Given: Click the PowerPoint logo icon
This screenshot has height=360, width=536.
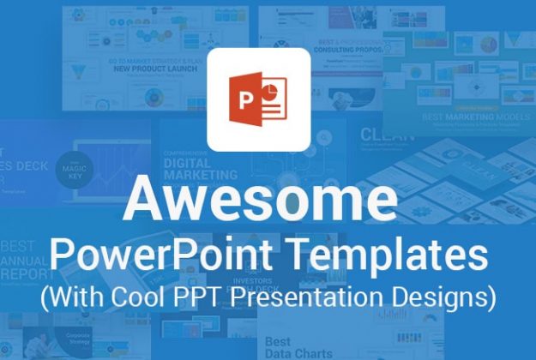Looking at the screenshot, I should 259,99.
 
